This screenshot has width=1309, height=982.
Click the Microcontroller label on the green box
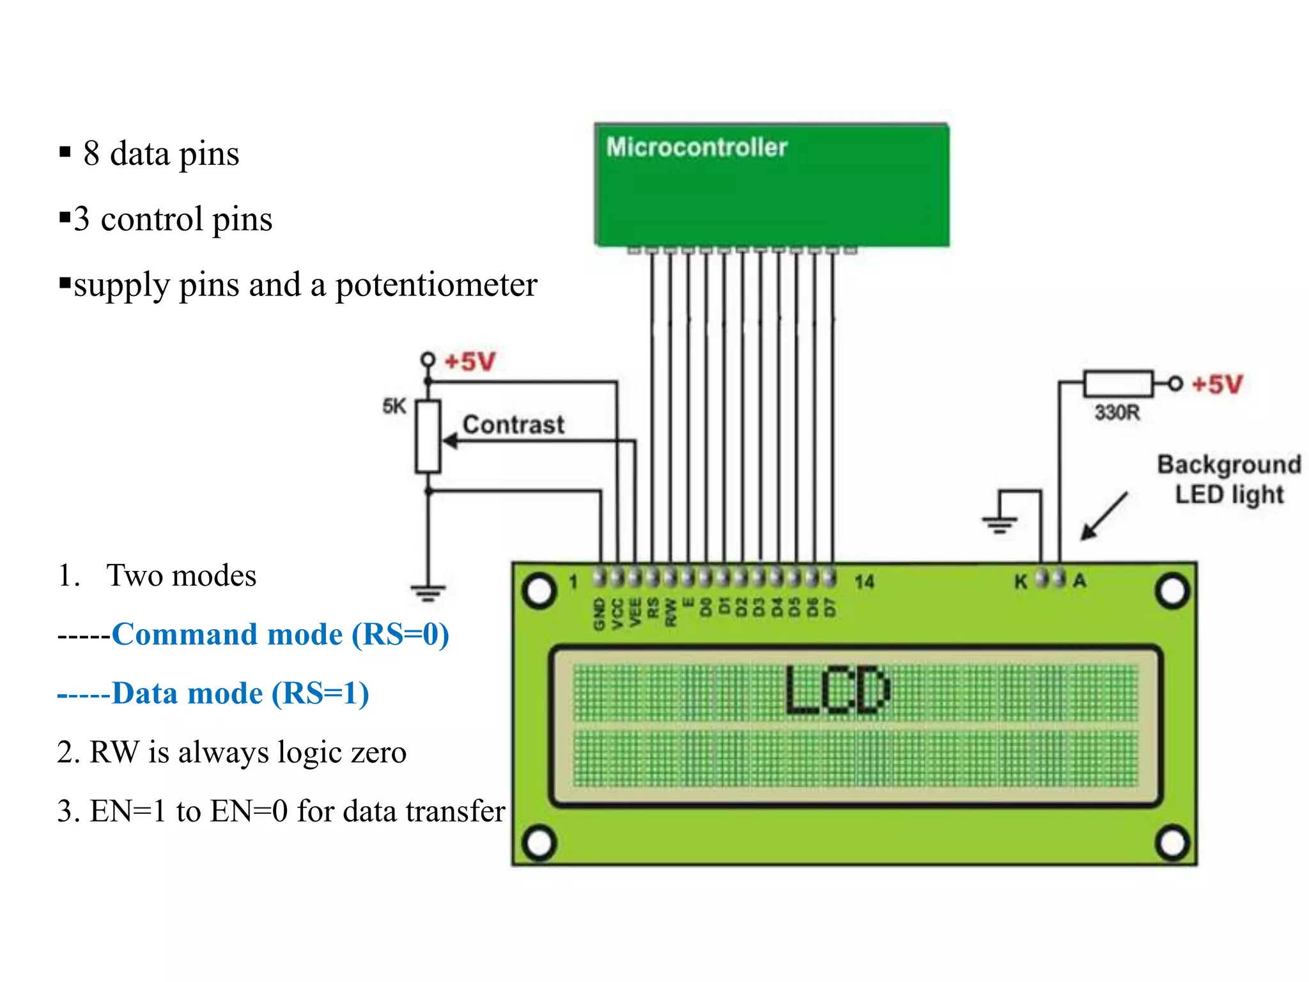click(x=696, y=147)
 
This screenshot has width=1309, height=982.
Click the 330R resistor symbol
click(x=1118, y=384)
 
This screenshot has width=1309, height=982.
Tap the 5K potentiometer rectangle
click(x=428, y=437)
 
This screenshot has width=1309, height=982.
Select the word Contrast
click(x=513, y=425)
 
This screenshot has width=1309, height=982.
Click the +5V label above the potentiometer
click(x=470, y=361)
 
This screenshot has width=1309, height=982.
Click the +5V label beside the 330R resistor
click(x=1217, y=384)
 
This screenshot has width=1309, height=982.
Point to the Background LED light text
click(x=1228, y=479)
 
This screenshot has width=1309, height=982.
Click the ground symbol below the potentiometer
click(x=428, y=593)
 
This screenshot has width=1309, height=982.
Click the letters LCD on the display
click(x=837, y=690)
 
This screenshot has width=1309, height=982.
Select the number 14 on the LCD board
click(x=864, y=582)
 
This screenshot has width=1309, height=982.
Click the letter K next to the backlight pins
click(x=1021, y=581)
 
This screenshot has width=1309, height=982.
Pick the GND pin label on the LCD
click(x=599, y=614)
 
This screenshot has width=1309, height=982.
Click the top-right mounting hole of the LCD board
click(x=1172, y=591)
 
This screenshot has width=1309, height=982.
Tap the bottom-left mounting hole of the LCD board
click(x=539, y=842)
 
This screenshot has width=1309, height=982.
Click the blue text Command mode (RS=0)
click(x=280, y=634)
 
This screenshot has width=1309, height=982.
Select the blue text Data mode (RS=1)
click(x=240, y=693)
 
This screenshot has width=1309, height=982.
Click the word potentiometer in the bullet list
click(x=436, y=284)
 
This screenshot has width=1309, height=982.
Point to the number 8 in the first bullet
click(x=91, y=153)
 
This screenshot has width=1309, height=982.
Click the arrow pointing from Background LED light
click(x=1104, y=516)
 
